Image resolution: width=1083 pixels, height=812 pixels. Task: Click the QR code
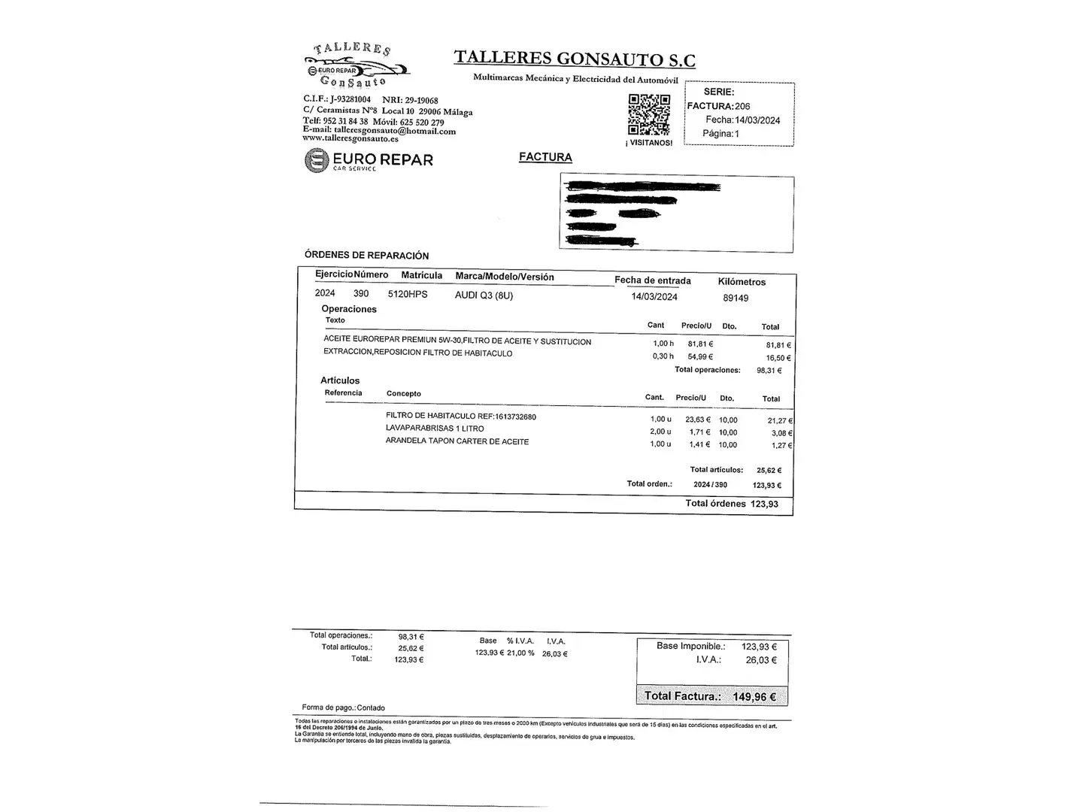click(x=649, y=114)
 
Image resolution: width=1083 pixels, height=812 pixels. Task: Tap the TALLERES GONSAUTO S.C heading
click(x=575, y=59)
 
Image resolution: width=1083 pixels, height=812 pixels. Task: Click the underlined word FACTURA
click(x=545, y=157)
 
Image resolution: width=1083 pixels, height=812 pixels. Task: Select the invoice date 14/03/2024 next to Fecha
click(x=757, y=120)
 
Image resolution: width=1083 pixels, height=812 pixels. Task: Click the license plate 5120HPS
click(x=408, y=295)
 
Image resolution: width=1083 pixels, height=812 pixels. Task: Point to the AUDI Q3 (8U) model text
click(x=484, y=295)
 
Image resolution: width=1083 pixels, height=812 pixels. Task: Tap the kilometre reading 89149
click(x=736, y=298)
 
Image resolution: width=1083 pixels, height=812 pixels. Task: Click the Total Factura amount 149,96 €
click(x=754, y=697)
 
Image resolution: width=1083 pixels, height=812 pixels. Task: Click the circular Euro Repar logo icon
click(x=317, y=160)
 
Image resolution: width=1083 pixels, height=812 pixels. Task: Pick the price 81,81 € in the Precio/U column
click(x=700, y=344)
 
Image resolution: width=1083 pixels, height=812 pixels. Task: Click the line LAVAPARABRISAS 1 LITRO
click(x=435, y=429)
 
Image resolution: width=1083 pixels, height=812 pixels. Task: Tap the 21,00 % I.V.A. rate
click(x=520, y=653)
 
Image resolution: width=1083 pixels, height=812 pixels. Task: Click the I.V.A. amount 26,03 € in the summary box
click(x=761, y=660)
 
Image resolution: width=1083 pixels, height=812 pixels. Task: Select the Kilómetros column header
click(x=742, y=282)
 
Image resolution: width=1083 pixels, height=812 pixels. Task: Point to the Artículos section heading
click(x=340, y=380)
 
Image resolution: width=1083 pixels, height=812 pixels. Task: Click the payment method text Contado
click(x=371, y=707)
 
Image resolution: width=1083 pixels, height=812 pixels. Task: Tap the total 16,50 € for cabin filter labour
click(x=778, y=359)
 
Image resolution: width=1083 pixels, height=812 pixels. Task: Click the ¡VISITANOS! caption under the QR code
click(x=649, y=143)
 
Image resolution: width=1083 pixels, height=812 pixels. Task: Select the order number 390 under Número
click(x=361, y=293)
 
